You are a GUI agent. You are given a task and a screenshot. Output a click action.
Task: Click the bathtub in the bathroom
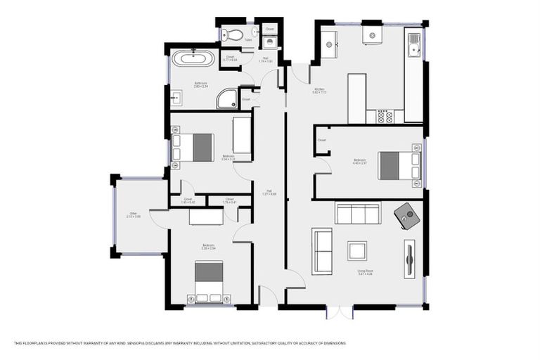188,58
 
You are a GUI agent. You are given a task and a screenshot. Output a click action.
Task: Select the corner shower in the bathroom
227,99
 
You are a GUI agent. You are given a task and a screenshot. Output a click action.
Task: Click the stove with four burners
385,116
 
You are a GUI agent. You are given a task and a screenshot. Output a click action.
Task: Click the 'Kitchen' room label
320,91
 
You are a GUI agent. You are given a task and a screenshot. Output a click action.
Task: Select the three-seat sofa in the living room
357,212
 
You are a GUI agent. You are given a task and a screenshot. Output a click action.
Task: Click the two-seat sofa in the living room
322,251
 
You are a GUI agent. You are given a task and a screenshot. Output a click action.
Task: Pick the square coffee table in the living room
357,250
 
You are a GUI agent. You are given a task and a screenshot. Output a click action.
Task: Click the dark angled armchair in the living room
408,215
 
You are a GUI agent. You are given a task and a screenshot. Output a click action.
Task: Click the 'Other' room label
134,215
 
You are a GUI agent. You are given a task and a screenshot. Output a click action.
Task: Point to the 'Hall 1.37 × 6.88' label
269,193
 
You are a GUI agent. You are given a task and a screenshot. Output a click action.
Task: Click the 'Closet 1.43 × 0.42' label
188,200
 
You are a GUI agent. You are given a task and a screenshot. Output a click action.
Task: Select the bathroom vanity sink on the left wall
175,97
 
